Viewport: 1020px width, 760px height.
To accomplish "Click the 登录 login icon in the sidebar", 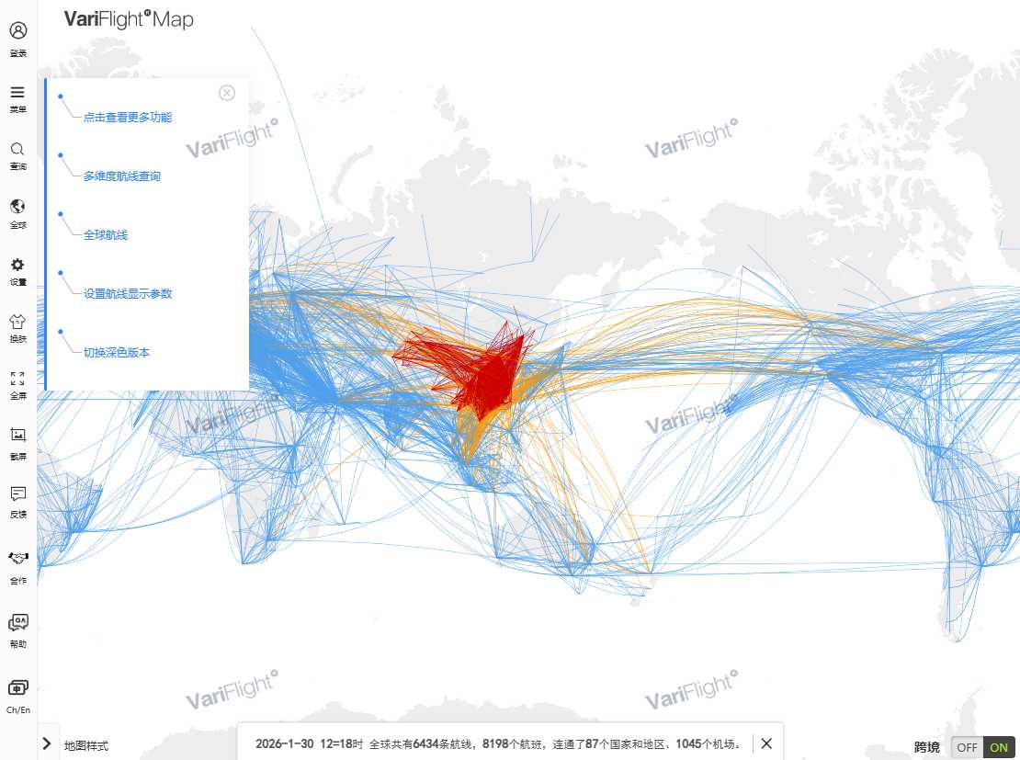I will coord(17,31).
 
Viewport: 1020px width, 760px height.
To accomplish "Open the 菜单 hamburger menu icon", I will coord(17,92).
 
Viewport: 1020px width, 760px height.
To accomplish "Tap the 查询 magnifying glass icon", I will coord(17,149).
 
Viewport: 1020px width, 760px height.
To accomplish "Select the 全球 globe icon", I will coord(17,207).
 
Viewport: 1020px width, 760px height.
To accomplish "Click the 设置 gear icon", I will coord(17,265).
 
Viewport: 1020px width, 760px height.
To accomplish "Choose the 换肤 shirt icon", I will coord(17,322).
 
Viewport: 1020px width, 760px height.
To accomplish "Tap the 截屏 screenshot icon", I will coord(17,435).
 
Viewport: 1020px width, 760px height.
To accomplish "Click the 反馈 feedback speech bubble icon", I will coord(17,493).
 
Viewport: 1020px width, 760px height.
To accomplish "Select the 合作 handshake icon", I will coord(17,559).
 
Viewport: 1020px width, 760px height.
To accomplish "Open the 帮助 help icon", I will coord(17,623).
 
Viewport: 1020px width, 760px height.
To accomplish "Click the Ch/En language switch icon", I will coord(17,688).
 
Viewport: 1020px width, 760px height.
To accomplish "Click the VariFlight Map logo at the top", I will coord(129,19).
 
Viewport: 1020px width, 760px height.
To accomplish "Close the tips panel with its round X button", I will coord(227,93).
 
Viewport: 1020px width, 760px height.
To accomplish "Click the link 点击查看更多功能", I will coord(127,118).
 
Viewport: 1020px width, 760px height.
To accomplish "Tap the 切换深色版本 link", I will coord(116,353).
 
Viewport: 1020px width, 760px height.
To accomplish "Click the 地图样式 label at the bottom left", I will coord(85,745).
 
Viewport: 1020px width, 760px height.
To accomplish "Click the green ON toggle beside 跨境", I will coord(998,747).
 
